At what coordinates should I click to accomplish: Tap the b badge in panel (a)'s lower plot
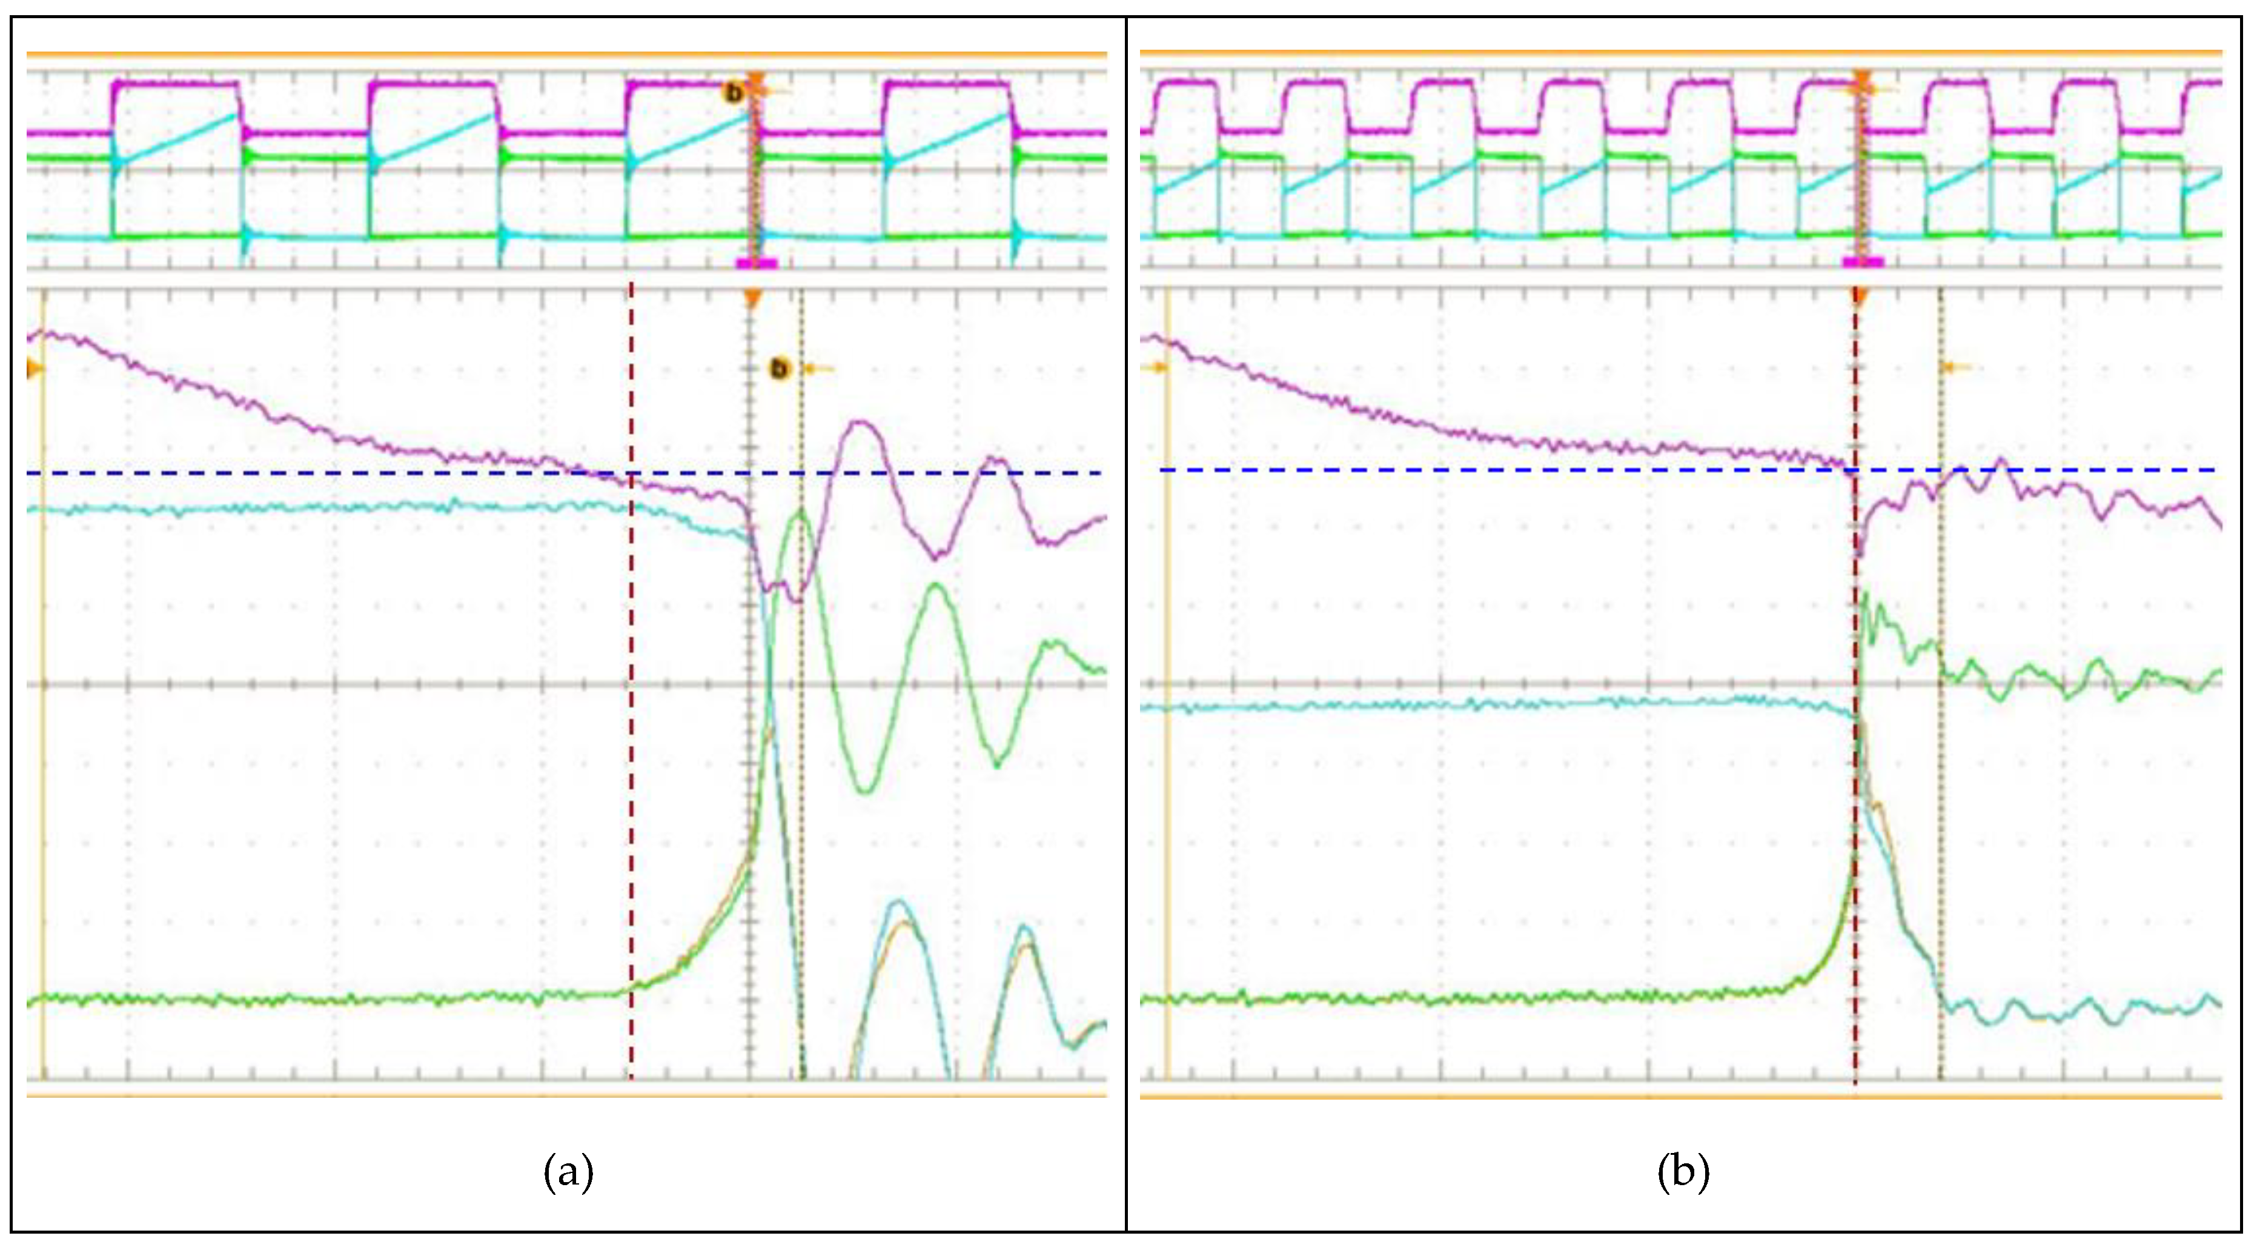click(779, 369)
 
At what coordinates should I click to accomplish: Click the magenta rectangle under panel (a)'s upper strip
click(756, 263)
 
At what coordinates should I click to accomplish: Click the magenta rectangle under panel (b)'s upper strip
click(1863, 261)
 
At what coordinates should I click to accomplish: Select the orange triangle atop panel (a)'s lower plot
click(752, 301)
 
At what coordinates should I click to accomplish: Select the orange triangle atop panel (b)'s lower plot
click(1859, 298)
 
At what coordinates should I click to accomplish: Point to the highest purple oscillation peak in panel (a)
click(862, 423)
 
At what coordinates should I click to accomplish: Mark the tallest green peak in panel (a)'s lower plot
click(800, 512)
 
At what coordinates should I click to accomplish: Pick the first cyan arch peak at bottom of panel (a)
click(898, 902)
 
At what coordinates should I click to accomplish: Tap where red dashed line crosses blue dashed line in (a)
click(631, 473)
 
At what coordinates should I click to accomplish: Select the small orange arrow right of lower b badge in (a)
click(818, 370)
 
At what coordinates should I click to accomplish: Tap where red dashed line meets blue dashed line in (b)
click(1855, 471)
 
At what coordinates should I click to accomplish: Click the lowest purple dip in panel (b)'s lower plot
click(1859, 552)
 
